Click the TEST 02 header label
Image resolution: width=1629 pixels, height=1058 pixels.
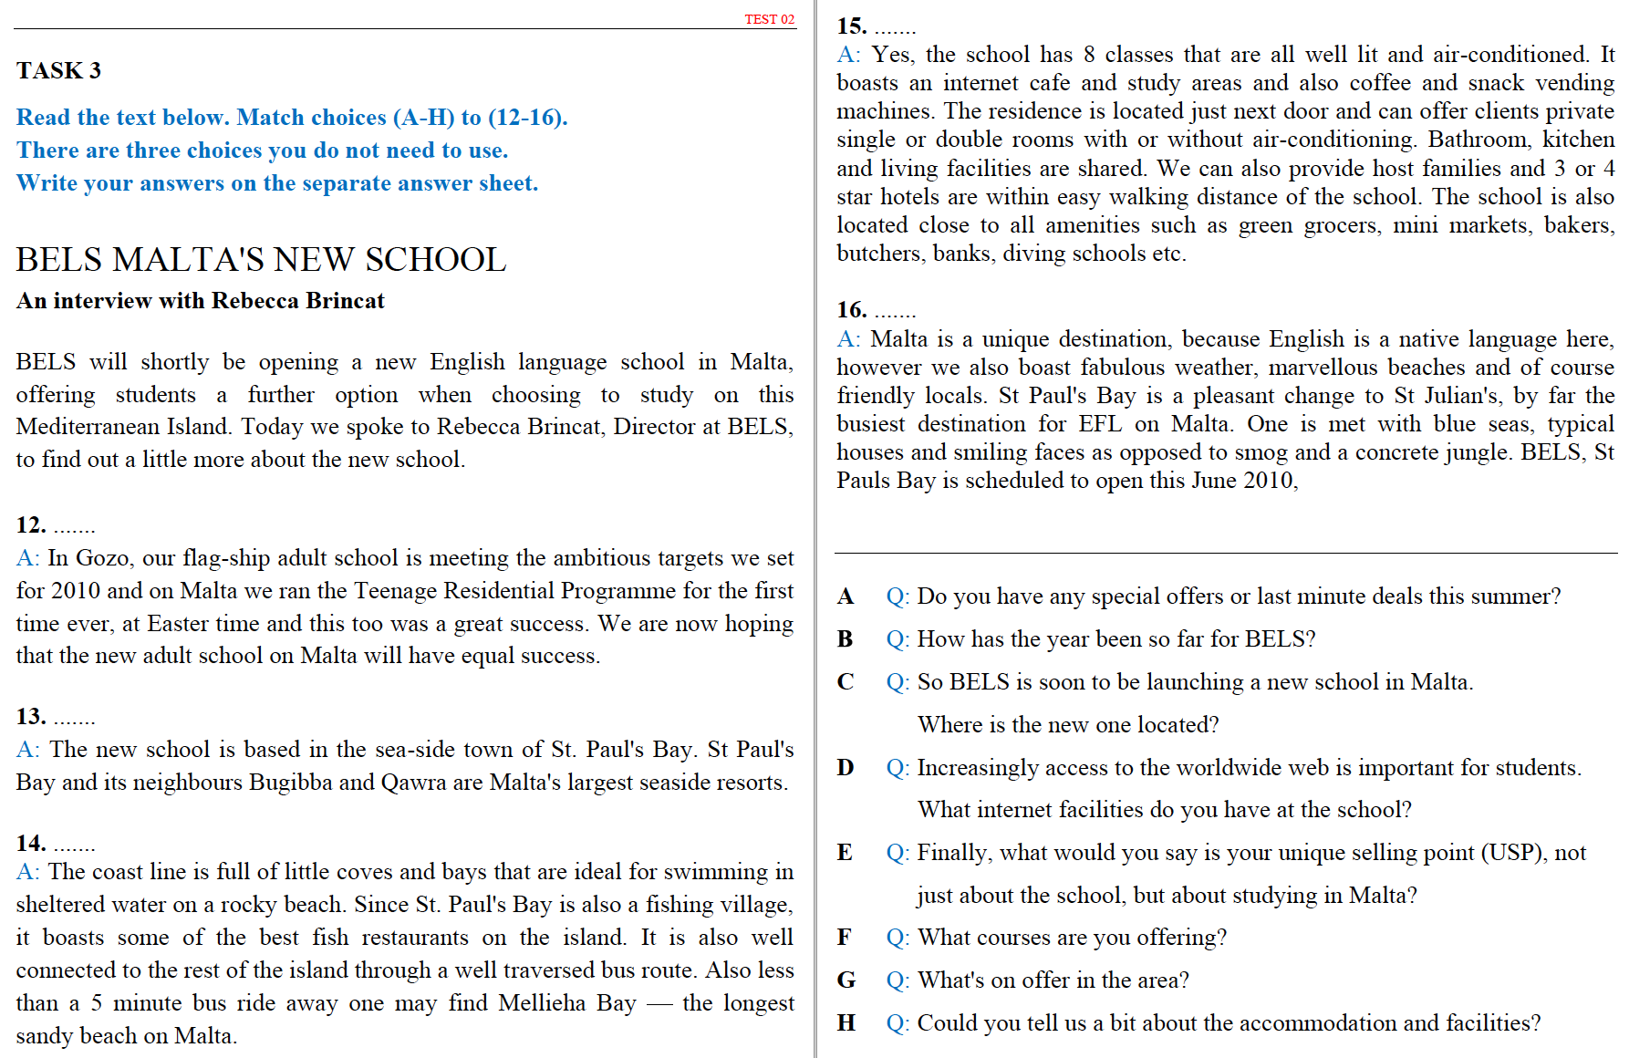[769, 19]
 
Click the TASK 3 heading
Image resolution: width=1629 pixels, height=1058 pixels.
[58, 70]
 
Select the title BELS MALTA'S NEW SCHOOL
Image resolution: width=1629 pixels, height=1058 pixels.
[261, 260]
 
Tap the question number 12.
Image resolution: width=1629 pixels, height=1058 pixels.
[30, 525]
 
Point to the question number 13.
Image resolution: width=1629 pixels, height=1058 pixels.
[30, 717]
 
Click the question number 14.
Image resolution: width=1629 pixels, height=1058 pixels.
[30, 843]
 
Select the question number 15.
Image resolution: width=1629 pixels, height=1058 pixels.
[851, 26]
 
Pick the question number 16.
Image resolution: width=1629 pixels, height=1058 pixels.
[851, 310]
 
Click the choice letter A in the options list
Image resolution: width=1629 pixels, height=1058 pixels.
[846, 596]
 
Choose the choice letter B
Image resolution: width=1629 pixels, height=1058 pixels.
[846, 639]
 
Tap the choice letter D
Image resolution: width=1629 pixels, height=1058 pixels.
[846, 768]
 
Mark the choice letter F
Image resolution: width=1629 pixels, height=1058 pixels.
[845, 938]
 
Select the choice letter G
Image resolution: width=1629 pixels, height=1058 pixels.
[846, 980]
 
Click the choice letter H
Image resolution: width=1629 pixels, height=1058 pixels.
[846, 1023]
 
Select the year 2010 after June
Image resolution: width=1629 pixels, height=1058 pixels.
[1268, 481]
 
